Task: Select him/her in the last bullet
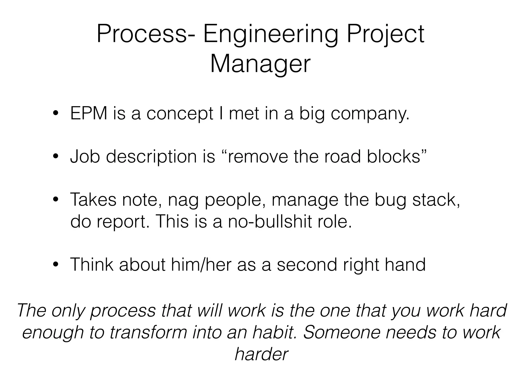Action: pos(201,265)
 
